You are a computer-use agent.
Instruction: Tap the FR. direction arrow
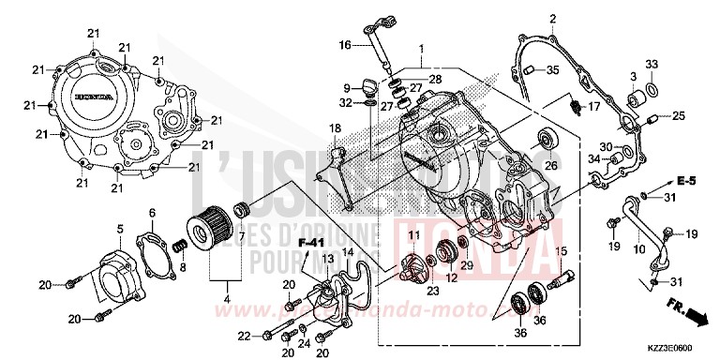coord(683,310)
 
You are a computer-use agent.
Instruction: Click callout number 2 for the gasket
coord(552,19)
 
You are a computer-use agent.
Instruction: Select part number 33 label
coord(652,64)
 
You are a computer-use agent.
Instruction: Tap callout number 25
coord(679,117)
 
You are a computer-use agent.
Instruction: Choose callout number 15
coord(562,250)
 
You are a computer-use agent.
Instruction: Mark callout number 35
coord(553,69)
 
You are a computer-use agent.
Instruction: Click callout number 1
coord(421,48)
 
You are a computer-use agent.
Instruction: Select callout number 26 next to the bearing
coord(550,167)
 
